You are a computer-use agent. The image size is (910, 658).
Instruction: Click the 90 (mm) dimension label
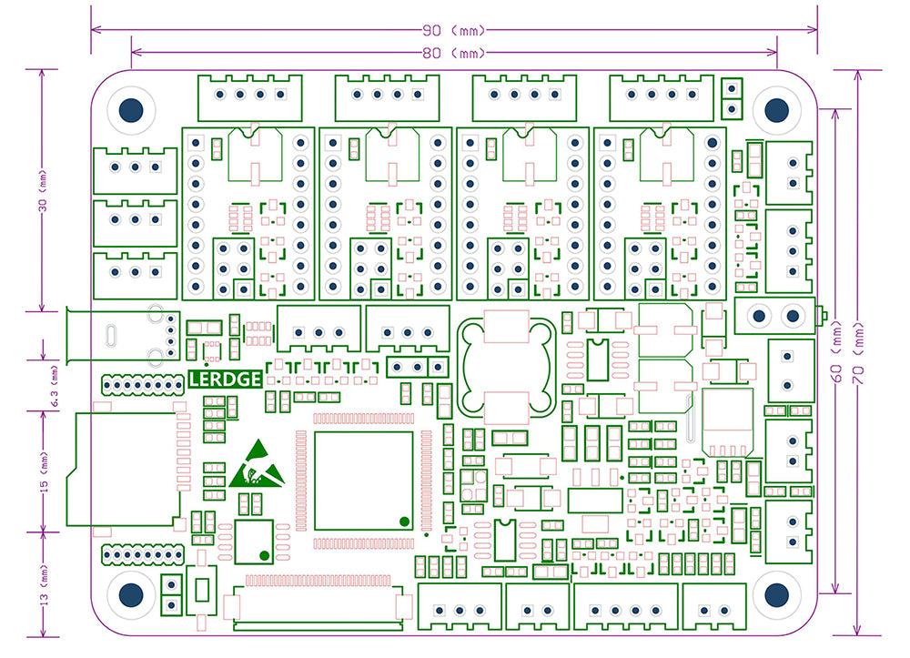click(453, 30)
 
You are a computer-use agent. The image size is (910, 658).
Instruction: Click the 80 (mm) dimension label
click(453, 53)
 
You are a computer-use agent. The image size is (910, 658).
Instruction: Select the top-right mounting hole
click(776, 110)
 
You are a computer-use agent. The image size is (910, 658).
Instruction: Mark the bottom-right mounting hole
click(776, 594)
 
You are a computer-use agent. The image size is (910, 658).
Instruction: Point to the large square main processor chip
click(363, 481)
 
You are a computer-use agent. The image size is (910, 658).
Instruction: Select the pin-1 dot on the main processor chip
click(403, 521)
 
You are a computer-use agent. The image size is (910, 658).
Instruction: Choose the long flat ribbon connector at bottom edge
click(318, 605)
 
